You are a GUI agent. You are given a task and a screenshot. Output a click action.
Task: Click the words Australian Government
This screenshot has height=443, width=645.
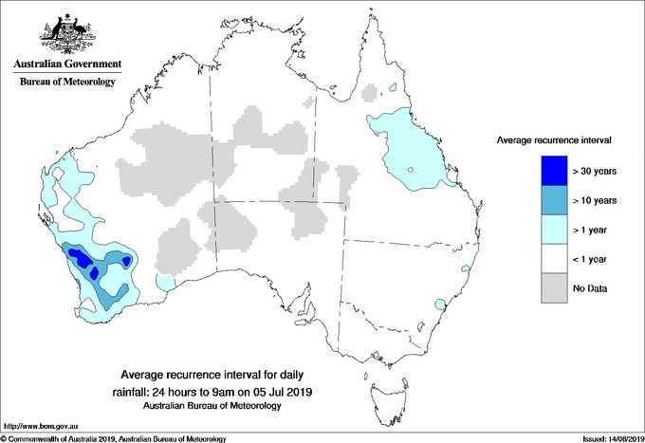click(66, 65)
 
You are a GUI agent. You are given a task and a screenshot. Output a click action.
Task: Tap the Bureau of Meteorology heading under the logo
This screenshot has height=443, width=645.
click(66, 82)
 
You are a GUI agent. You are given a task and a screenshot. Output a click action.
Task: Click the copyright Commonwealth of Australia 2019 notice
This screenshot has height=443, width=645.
click(114, 438)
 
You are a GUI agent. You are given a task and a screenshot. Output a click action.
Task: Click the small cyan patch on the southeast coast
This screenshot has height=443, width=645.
click(440, 305)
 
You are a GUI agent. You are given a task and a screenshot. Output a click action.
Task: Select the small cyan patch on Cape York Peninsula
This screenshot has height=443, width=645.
click(391, 89)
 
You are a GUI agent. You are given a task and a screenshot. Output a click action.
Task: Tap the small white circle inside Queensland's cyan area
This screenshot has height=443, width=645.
click(410, 171)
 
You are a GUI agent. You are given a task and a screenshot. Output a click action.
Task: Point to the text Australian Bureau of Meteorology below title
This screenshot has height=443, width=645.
click(212, 405)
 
